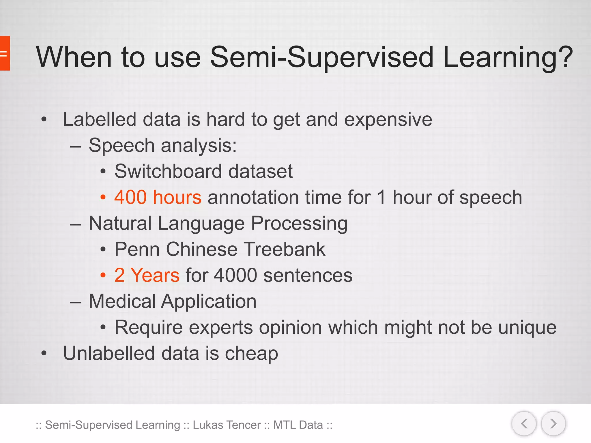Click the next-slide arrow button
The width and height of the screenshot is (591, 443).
pos(553,424)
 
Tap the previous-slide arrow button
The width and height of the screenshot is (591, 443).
pos(524,424)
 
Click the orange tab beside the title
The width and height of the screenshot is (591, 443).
pos(5,53)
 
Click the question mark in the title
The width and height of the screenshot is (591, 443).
pos(564,57)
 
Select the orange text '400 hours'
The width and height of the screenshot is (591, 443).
pos(158,197)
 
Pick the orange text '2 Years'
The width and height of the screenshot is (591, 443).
pos(147,275)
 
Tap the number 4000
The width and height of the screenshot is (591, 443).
pos(235,275)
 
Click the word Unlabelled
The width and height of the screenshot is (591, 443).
pos(109,353)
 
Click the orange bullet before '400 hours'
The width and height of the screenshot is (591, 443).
pos(103,197)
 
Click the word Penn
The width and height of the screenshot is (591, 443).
pos(137,249)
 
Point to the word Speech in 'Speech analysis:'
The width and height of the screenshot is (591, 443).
pos(121,146)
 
